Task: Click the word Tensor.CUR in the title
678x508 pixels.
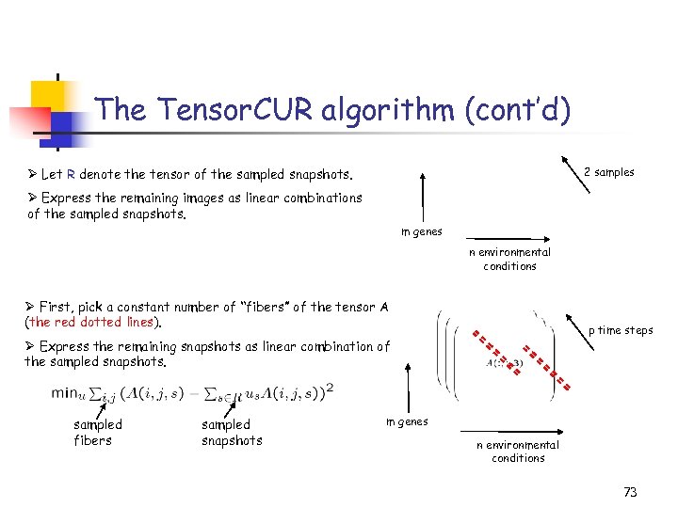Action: point(232,110)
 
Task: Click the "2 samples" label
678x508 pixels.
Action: point(608,172)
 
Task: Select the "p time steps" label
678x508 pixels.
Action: point(621,330)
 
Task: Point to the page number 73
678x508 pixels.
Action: point(630,492)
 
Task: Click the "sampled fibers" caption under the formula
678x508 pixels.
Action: point(97,432)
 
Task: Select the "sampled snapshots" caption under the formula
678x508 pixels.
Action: point(232,432)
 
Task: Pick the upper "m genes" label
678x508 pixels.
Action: point(421,231)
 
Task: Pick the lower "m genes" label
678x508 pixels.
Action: point(407,421)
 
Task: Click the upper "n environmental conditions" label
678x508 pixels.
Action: point(509,259)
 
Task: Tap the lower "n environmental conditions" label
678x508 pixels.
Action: point(518,452)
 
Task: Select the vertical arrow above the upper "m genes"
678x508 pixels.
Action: point(423,197)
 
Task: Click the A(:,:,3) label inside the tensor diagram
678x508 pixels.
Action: point(505,362)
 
